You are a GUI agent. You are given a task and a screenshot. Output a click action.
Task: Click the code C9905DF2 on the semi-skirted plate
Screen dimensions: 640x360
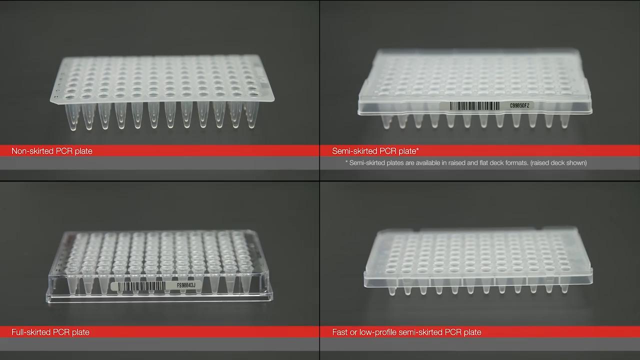[519, 105]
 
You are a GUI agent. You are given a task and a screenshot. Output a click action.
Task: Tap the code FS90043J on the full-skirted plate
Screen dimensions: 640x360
[186, 285]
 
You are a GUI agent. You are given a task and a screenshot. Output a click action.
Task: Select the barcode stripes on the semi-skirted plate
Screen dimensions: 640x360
[474, 106]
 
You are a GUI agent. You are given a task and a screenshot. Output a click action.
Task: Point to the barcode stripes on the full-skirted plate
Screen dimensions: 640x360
[141, 286]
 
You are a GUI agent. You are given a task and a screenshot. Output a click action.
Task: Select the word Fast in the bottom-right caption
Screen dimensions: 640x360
[339, 332]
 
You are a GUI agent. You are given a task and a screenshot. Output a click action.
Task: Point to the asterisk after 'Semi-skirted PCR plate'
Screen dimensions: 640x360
[417, 149]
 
